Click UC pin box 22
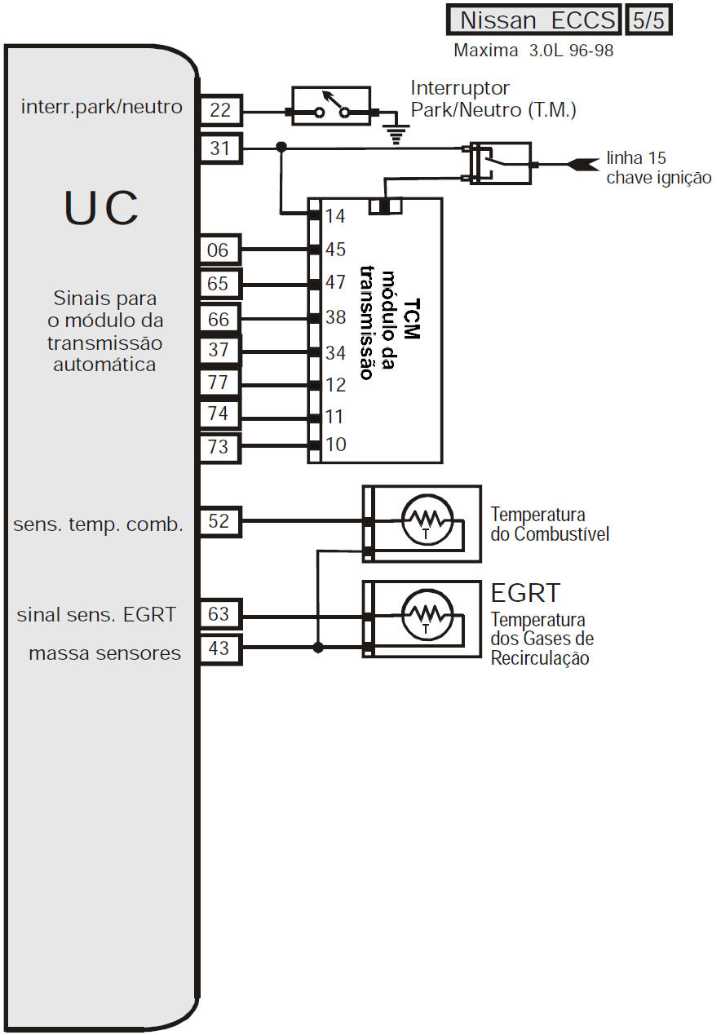coord(220,110)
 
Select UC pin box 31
coord(220,148)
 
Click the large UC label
coord(101,209)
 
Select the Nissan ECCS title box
coord(535,20)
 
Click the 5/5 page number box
coord(648,20)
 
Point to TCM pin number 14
coord(335,216)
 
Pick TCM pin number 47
coord(335,283)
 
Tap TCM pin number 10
coord(335,445)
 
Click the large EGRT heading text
coord(525,592)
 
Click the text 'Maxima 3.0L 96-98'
coord(533,51)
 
